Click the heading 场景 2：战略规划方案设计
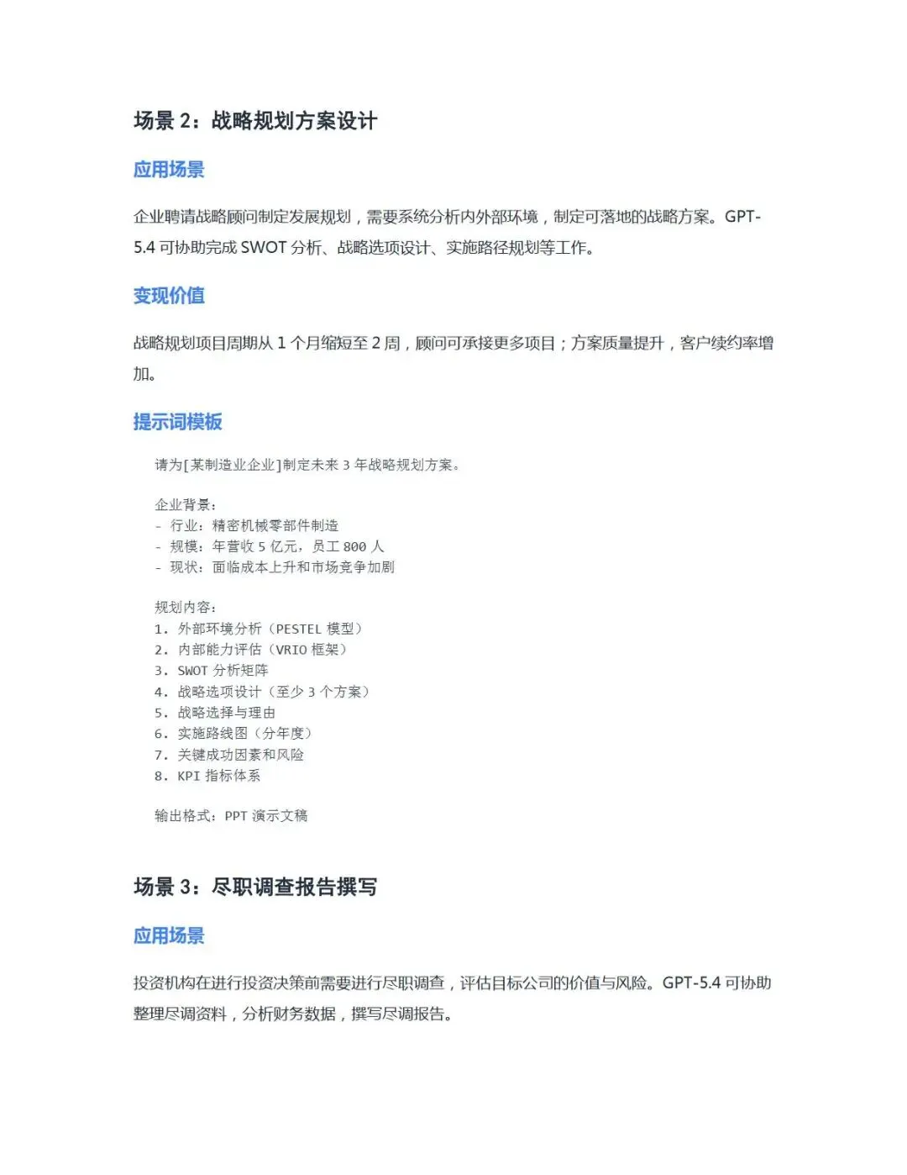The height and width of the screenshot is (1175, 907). pyautogui.click(x=255, y=121)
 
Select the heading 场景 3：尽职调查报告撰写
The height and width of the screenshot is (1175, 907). pyautogui.click(x=255, y=888)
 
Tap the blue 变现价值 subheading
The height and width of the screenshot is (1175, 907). pyautogui.click(x=169, y=296)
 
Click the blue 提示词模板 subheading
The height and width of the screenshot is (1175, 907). pyautogui.click(x=177, y=422)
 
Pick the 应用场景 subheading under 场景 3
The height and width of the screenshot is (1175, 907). pyautogui.click(x=169, y=936)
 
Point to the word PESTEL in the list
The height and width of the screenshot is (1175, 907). pyautogui.click(x=298, y=629)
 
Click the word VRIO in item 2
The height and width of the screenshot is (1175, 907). pyautogui.click(x=291, y=650)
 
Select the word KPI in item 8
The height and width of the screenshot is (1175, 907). pyautogui.click(x=188, y=776)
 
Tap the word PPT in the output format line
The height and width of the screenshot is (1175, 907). pyautogui.click(x=236, y=816)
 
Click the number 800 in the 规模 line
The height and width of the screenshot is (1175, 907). pyautogui.click(x=354, y=547)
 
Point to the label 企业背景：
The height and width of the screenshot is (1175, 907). pyautogui.click(x=186, y=505)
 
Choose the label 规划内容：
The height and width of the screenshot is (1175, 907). pyautogui.click(x=186, y=608)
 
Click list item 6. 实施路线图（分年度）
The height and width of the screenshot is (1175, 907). pyautogui.click(x=233, y=734)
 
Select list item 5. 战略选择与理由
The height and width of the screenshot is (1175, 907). pyautogui.click(x=215, y=713)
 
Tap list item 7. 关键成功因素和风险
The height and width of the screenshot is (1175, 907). pyautogui.click(x=229, y=755)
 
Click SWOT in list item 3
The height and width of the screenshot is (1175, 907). pyautogui.click(x=192, y=671)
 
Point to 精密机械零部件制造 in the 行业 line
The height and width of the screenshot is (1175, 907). pyautogui.click(x=275, y=526)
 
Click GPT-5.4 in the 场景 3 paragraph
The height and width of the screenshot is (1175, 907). pyautogui.click(x=691, y=983)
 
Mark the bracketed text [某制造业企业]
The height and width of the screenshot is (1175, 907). pyautogui.click(x=232, y=465)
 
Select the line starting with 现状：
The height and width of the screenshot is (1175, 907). pyautogui.click(x=275, y=567)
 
